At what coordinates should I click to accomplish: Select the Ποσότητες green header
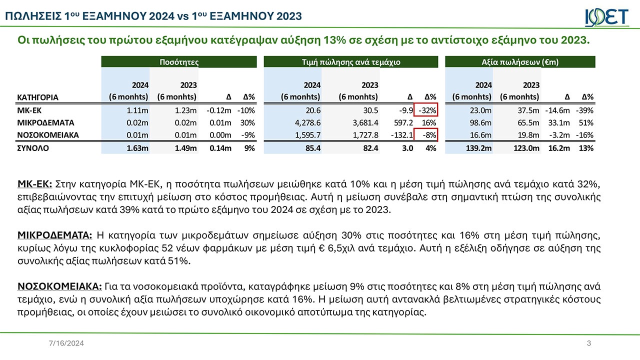point(178,62)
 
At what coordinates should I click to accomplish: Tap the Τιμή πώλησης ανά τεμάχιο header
point(350,62)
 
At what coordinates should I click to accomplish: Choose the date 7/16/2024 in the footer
point(62,343)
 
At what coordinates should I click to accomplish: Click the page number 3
point(588,343)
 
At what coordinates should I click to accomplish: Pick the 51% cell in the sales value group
point(585,122)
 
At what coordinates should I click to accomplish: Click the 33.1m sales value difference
point(559,122)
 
